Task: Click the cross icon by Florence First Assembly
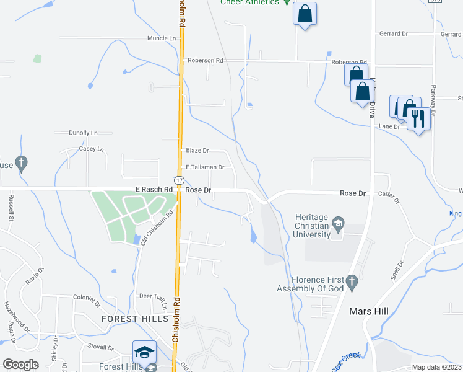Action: (352, 282)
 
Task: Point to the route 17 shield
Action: (178, 180)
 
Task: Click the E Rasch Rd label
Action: (154, 189)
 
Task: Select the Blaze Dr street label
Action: (197, 151)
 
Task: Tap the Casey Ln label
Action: (90, 149)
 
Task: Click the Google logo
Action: (21, 365)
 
